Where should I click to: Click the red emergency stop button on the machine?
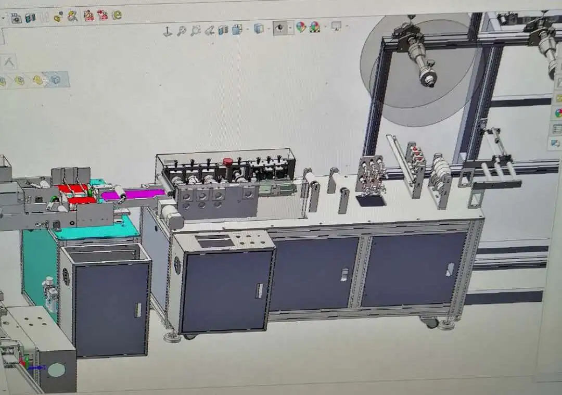[x=228, y=162]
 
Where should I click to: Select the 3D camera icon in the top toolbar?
[x=17, y=18]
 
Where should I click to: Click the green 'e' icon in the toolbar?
[x=117, y=15]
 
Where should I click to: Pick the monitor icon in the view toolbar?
[x=336, y=26]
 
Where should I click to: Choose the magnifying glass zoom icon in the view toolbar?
[x=182, y=31]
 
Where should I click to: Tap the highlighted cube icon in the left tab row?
[x=55, y=80]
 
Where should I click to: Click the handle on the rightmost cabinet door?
[x=450, y=270]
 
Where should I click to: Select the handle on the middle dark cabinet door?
[x=344, y=274]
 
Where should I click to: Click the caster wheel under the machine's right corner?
[x=430, y=323]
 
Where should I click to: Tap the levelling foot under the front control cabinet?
[x=172, y=337]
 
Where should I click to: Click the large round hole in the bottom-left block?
[x=56, y=370]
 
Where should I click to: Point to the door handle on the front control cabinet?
[x=259, y=290]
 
